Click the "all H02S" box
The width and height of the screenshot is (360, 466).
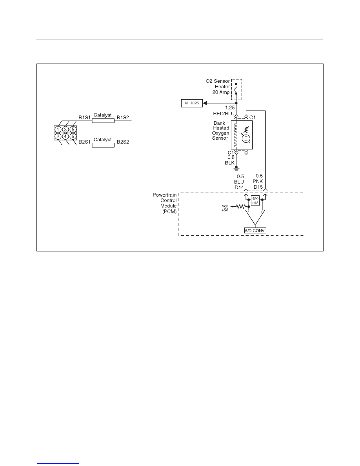click(192, 103)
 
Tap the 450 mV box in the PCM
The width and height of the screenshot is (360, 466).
click(255, 200)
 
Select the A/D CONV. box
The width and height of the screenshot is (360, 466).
click(255, 230)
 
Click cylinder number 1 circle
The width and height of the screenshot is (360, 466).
click(58, 129)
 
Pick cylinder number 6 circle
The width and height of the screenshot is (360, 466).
click(73, 137)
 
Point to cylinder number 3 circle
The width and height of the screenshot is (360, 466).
click(65, 129)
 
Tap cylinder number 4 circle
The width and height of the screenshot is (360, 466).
click(65, 137)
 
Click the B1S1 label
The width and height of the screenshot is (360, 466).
click(84, 117)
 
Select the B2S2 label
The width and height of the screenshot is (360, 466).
click(123, 142)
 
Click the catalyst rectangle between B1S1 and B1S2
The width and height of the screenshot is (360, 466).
click(103, 121)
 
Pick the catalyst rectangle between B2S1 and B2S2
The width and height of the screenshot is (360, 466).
click(103, 145)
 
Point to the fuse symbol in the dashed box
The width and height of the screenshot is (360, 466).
click(236, 89)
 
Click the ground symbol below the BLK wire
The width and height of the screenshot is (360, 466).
click(236, 169)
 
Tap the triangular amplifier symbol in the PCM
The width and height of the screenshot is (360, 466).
click(255, 217)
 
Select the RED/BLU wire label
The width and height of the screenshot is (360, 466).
click(224, 113)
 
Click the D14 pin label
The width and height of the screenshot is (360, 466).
click(239, 187)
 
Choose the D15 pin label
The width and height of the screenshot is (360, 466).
click(258, 187)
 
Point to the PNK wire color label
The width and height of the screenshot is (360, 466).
click(258, 181)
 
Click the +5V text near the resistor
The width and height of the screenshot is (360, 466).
click(225, 210)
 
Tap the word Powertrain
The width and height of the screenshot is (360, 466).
click(165, 195)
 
